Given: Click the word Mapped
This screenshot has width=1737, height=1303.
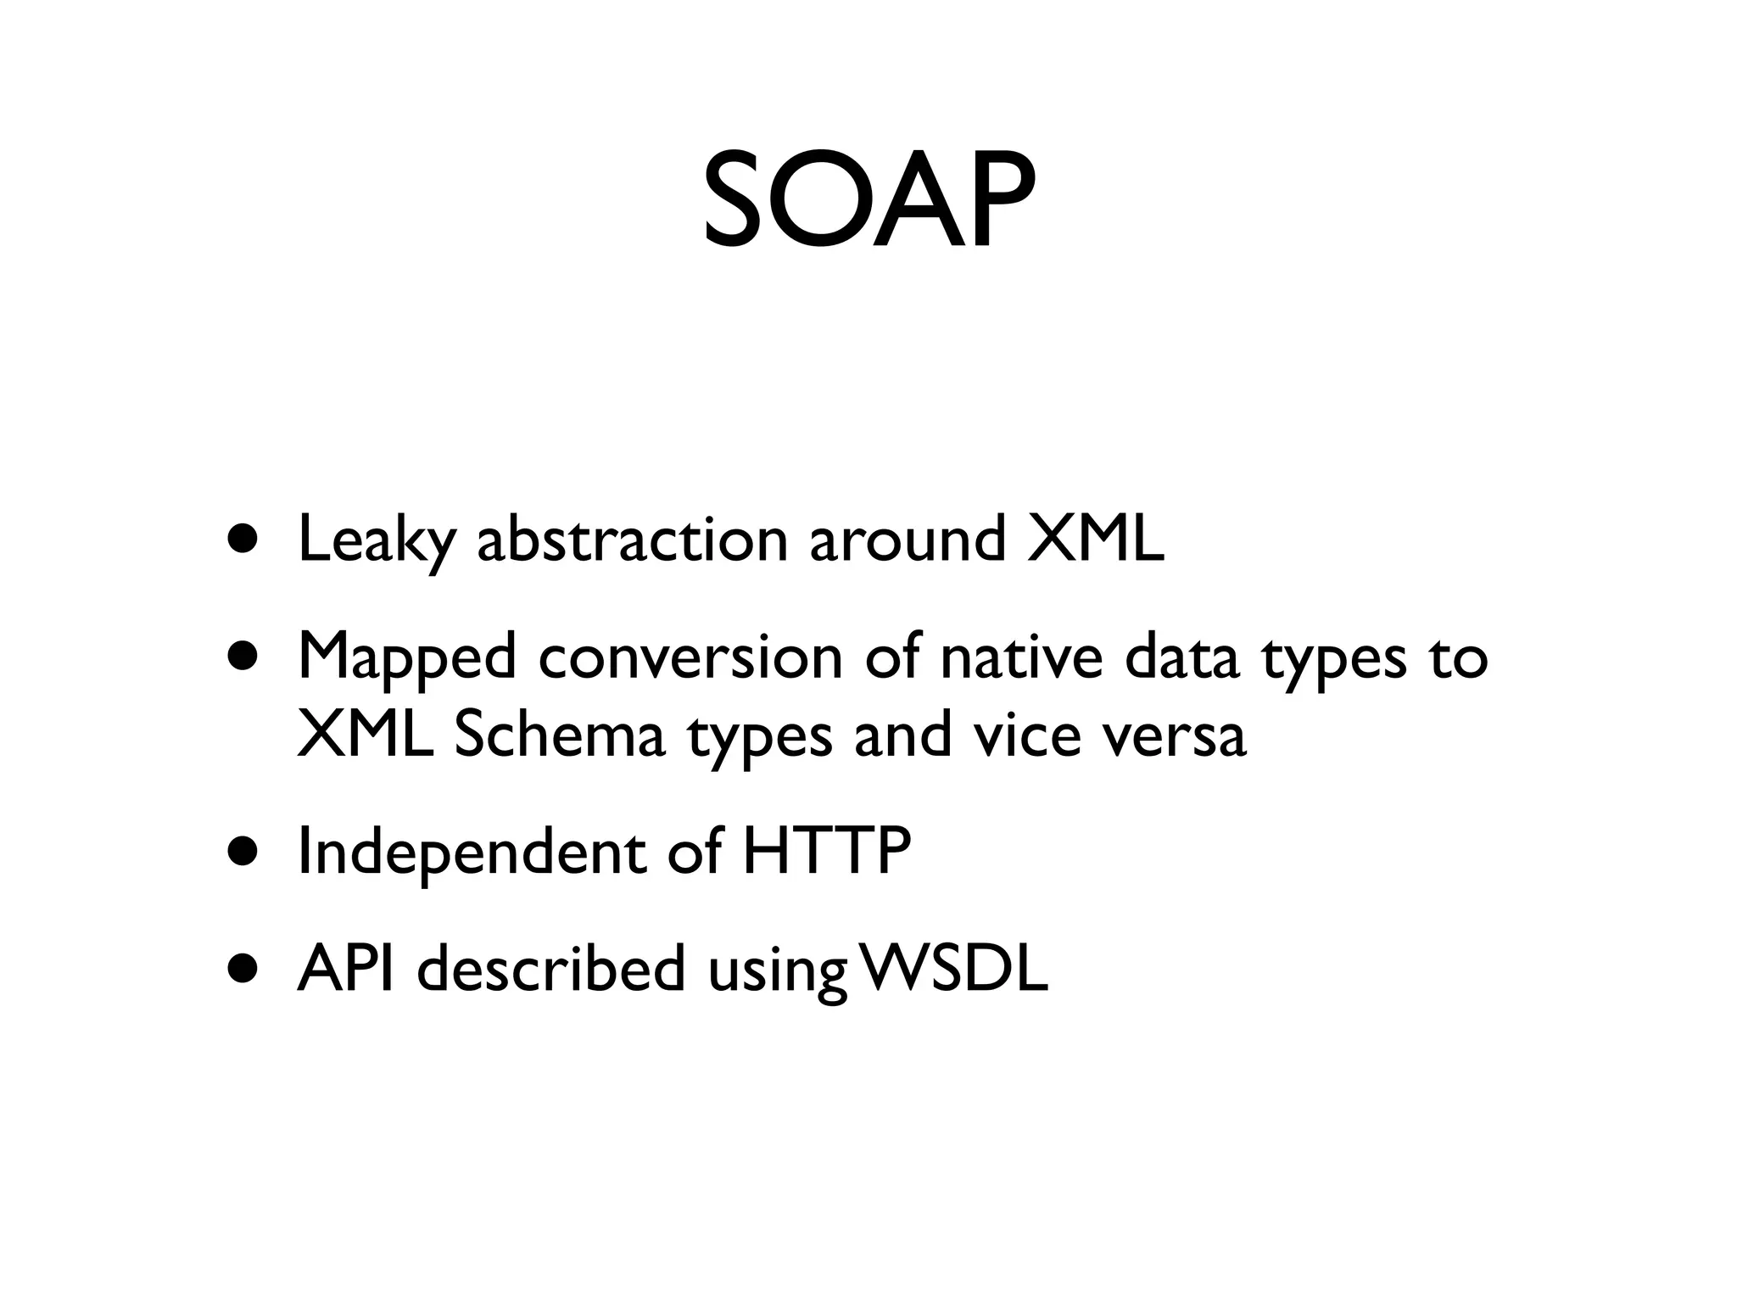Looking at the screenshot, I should (406, 658).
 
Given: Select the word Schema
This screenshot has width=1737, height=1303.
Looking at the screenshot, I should (559, 735).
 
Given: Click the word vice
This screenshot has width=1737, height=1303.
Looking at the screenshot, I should (1027, 735).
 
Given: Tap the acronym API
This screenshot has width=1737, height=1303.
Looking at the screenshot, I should (345, 968).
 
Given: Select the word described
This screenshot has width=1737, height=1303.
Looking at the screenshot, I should (550, 968).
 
